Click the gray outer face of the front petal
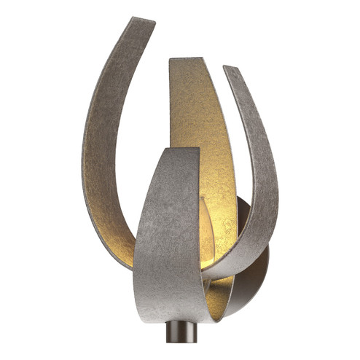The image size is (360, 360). coord(164,240)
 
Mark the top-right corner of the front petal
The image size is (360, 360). coord(198,149)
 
